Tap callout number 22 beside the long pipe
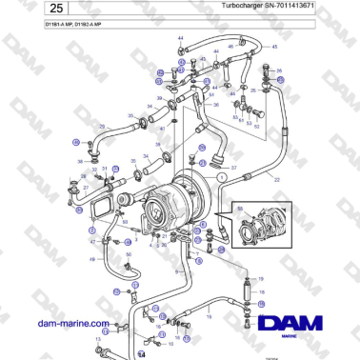tap(277, 179)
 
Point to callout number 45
tap(275, 46)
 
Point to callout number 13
tap(97, 338)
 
